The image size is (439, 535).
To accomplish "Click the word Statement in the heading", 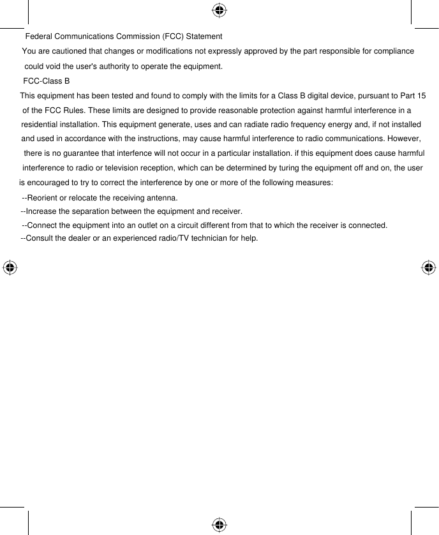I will point(204,36).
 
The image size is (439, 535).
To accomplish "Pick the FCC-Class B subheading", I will point(46,82).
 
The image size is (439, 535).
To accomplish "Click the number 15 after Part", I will point(420,96).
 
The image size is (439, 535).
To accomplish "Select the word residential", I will point(40,124).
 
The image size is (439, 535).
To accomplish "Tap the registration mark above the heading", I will point(219,10).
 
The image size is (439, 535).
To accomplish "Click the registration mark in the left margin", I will point(10,267).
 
